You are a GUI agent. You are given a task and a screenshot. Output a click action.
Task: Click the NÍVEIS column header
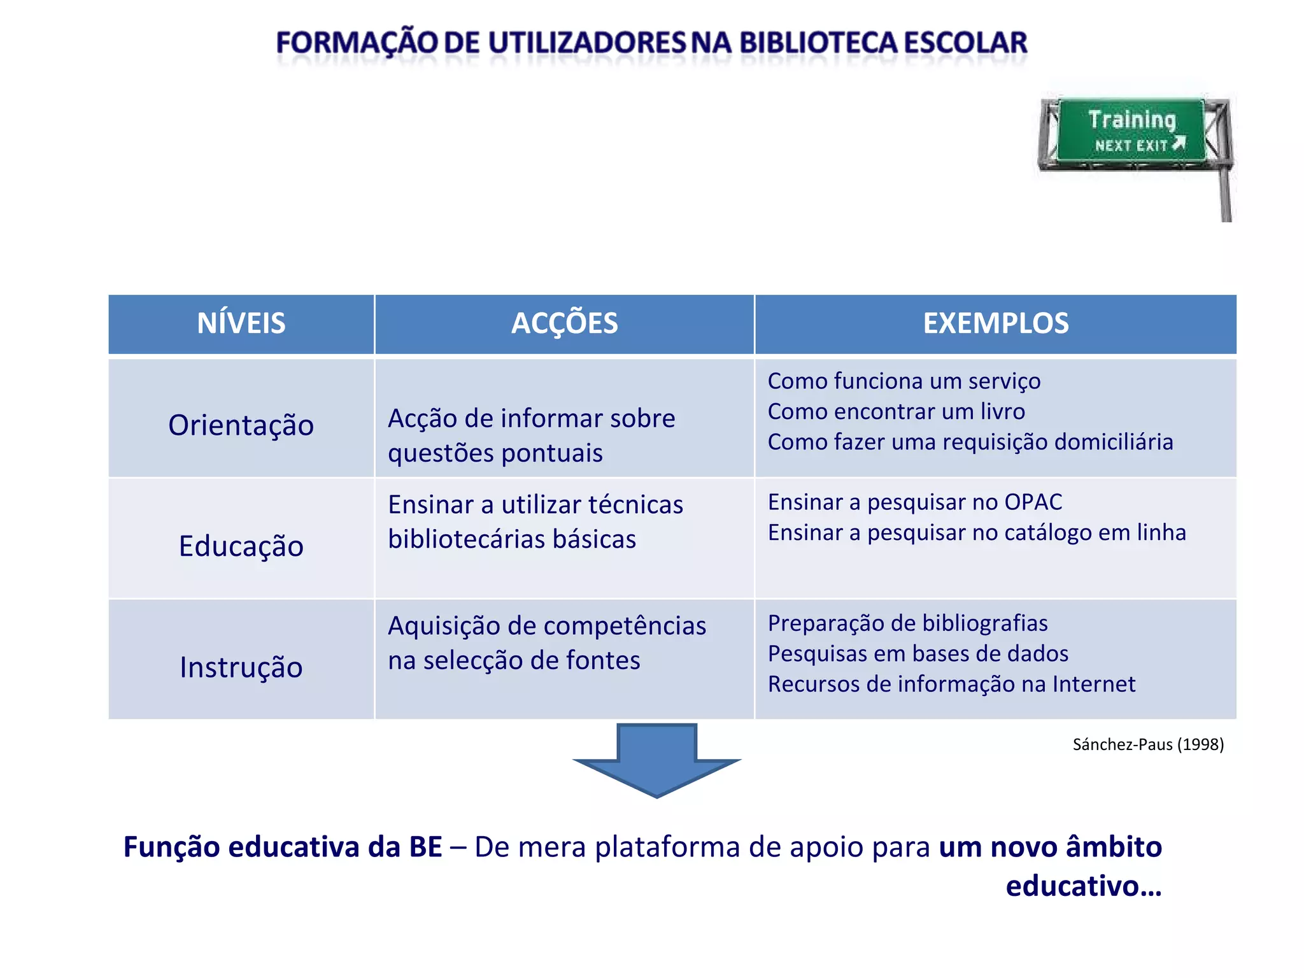pos(241,323)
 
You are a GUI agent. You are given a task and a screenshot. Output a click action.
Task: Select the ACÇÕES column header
pos(564,323)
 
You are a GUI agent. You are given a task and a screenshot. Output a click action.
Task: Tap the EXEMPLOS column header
pos(995,323)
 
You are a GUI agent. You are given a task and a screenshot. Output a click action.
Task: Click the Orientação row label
pos(241,425)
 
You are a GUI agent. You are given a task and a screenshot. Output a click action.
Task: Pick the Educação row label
pos(241,546)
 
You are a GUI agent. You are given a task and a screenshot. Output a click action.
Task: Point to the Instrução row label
pos(241,667)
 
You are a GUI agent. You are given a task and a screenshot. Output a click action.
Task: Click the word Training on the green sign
pos(1131,119)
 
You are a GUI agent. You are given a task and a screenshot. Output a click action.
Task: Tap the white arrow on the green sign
pos(1179,143)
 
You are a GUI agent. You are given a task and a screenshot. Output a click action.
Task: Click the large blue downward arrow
pos(656,761)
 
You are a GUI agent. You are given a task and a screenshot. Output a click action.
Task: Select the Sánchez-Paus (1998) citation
pos(1147,744)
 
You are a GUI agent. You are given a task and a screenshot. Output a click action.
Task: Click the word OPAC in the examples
pos(1033,502)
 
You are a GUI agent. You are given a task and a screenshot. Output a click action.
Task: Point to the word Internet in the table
pos(1093,684)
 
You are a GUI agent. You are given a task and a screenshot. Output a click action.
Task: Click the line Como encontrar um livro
pos(896,411)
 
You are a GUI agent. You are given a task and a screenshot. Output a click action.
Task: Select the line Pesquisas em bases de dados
pos(918,653)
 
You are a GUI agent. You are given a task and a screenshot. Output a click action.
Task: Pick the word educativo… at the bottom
pos(1083,886)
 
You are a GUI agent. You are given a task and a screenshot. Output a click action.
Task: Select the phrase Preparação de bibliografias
pos(907,623)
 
